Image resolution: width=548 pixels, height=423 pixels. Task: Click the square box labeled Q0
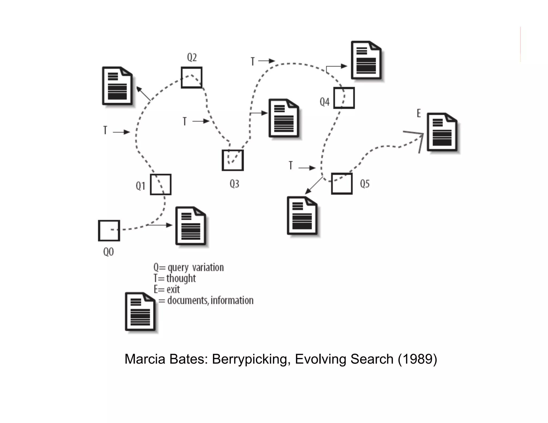(x=109, y=230)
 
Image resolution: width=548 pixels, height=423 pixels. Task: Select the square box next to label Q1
(x=161, y=184)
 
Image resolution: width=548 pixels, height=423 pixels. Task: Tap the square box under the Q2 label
(x=192, y=78)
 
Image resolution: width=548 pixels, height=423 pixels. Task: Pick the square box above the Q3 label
(x=233, y=160)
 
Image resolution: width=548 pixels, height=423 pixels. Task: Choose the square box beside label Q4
(x=344, y=98)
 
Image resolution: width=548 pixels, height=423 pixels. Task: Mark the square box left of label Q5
(x=342, y=184)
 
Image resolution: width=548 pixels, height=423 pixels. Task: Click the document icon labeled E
(x=442, y=132)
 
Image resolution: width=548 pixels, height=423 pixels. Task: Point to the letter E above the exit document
(x=419, y=113)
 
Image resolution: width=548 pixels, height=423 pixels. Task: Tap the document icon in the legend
(x=140, y=312)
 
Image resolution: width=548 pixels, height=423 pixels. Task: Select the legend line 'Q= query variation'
(x=188, y=267)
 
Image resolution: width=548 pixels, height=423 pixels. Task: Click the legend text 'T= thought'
(x=174, y=278)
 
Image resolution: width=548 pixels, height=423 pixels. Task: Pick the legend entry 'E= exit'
(x=166, y=289)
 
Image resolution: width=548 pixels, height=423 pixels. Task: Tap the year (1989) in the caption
(x=417, y=359)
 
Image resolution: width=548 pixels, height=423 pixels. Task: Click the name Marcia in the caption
(x=144, y=359)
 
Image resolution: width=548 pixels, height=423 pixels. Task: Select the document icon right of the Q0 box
(x=191, y=226)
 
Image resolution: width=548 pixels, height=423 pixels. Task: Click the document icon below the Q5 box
(x=302, y=216)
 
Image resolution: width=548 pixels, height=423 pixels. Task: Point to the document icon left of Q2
(x=117, y=86)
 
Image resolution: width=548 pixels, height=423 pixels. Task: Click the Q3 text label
(x=234, y=184)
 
